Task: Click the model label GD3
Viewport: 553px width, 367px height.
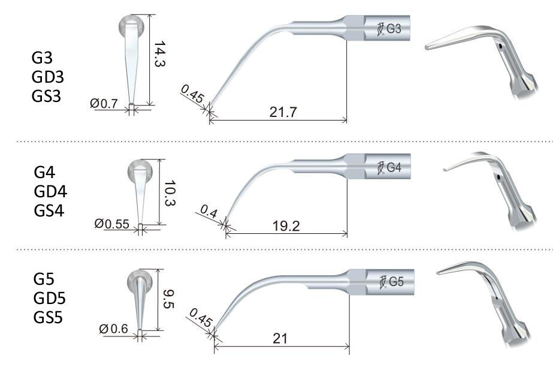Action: (x=48, y=77)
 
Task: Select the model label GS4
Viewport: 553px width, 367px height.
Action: (x=50, y=210)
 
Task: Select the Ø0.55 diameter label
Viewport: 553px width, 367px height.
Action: (x=112, y=224)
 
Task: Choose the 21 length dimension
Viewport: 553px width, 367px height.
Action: (x=280, y=338)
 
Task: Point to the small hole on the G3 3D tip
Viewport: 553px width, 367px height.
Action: (x=499, y=46)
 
